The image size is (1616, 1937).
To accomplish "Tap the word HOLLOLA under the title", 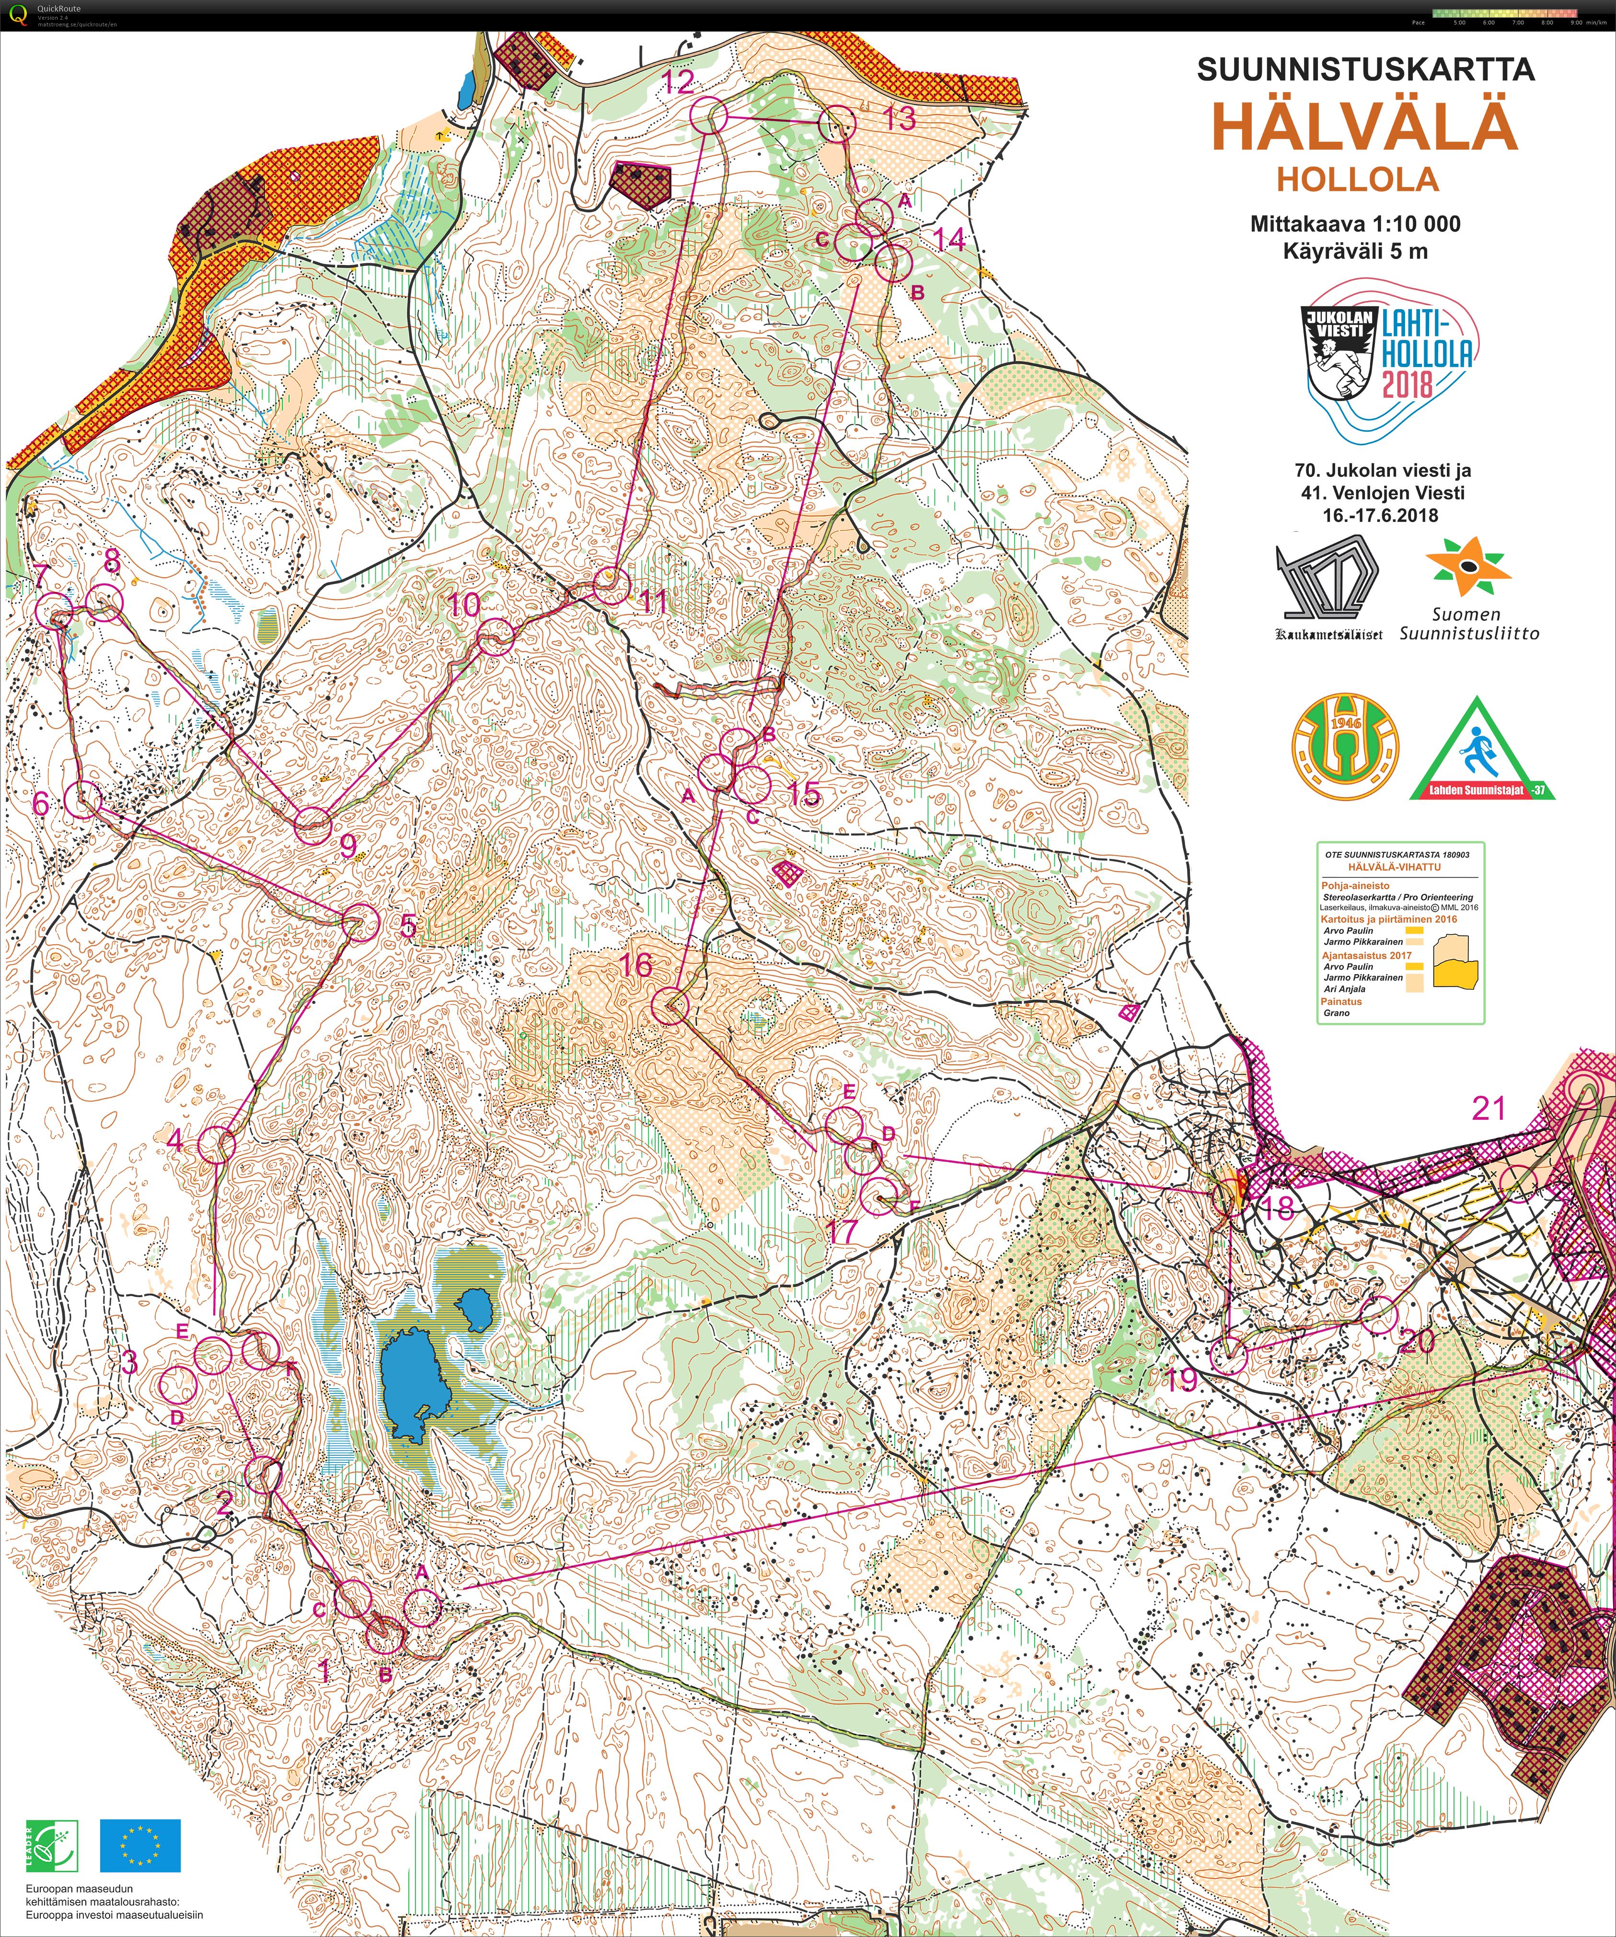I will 1358,179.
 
